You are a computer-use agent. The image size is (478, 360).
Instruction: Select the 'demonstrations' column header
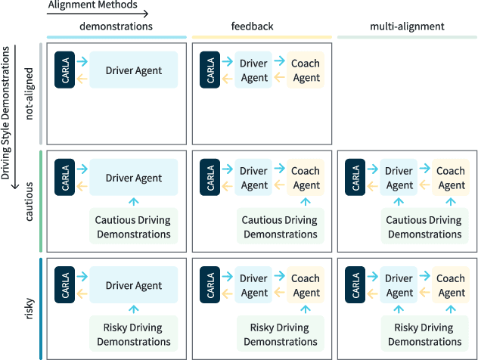click(116, 26)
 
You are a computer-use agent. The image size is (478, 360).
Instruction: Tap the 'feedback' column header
click(252, 26)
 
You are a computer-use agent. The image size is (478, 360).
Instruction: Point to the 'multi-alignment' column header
click(407, 26)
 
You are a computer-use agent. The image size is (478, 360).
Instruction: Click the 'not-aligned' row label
click(29, 93)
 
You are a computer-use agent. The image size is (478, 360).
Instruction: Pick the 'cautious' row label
click(29, 202)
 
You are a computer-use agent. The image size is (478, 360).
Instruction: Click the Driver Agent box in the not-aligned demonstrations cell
click(134, 70)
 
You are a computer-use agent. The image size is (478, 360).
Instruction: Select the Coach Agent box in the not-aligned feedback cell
click(306, 70)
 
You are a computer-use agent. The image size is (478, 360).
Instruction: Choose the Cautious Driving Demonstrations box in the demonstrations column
click(133, 227)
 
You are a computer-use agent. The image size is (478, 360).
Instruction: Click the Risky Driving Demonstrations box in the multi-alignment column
click(424, 334)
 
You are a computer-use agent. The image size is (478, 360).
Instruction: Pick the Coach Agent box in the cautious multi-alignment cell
click(451, 178)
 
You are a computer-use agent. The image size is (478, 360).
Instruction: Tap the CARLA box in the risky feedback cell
click(210, 285)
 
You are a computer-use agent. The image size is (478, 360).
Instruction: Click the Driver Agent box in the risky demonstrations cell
click(134, 285)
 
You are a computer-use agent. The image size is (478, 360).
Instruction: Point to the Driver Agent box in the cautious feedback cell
click(254, 178)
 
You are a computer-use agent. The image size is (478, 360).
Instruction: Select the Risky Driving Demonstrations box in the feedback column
click(279, 334)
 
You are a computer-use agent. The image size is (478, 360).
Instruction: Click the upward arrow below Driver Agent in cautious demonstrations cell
click(134, 201)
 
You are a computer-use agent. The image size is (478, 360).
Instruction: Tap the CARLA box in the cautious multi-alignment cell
click(355, 178)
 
